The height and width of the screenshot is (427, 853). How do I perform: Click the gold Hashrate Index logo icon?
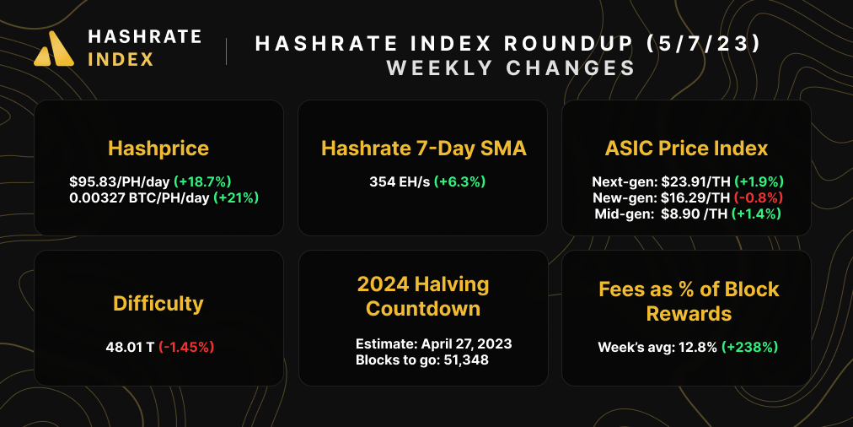[56, 48]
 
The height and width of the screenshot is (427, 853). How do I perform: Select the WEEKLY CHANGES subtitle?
[510, 68]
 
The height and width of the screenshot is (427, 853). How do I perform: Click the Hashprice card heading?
[158, 149]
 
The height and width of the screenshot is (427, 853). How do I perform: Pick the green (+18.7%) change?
[202, 181]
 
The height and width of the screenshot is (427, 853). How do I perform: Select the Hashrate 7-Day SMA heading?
[423, 149]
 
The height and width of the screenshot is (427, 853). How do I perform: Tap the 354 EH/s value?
[400, 181]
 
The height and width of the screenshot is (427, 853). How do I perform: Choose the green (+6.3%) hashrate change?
[459, 181]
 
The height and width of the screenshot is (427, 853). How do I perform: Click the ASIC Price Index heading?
[686, 149]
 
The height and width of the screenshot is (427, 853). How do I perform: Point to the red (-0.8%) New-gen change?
[759, 197]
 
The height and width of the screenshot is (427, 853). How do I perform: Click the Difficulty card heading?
[158, 302]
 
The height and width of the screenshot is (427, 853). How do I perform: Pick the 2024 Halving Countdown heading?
[423, 295]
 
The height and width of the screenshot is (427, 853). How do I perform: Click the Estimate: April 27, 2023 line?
[433, 344]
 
